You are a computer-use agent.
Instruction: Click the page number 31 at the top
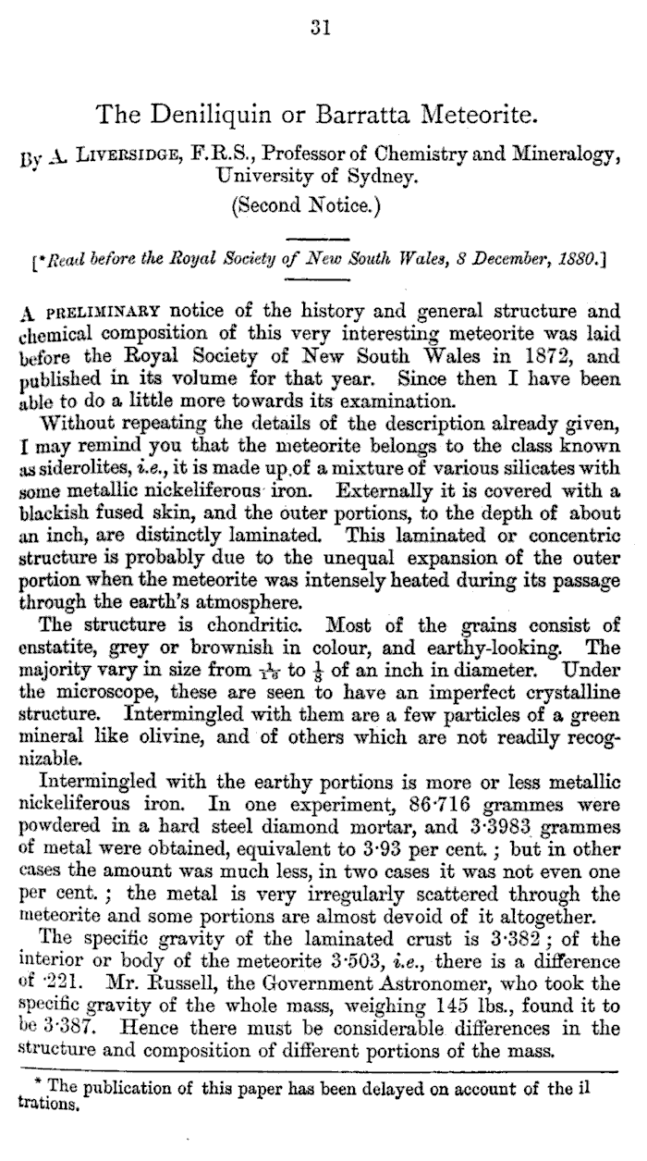click(x=320, y=29)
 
